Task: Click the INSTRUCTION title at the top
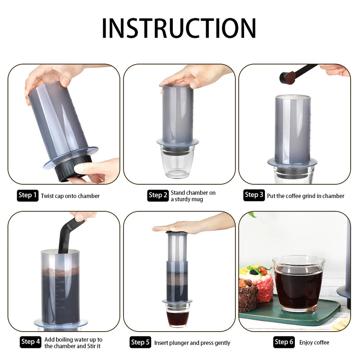click(x=179, y=28)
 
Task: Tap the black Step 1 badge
click(x=28, y=196)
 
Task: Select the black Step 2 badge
click(x=158, y=196)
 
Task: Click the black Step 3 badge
click(x=254, y=195)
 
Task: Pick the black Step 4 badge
click(x=30, y=342)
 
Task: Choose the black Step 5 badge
click(x=140, y=343)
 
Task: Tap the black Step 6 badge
click(x=284, y=342)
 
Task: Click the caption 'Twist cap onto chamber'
click(x=70, y=196)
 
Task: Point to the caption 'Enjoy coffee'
click(x=314, y=343)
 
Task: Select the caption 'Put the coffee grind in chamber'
click(x=305, y=196)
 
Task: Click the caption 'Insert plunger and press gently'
click(x=192, y=343)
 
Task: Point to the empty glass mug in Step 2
click(x=177, y=163)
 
